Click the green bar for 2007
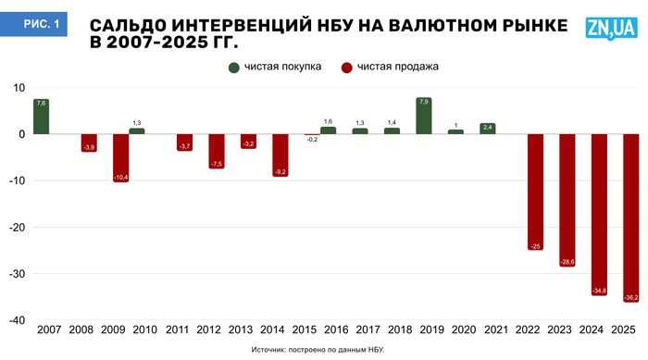pyautogui.click(x=41, y=117)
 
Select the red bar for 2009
pyautogui.click(x=121, y=157)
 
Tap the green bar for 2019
pyautogui.click(x=424, y=116)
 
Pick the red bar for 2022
pyautogui.click(x=536, y=192)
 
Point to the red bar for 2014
pyautogui.click(x=280, y=155)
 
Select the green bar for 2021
pyautogui.click(x=488, y=129)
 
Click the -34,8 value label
pyautogui.click(x=600, y=292)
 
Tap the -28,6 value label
pyautogui.click(x=567, y=263)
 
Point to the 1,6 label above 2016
pyautogui.click(x=328, y=121)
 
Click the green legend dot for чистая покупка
pyautogui.click(x=234, y=67)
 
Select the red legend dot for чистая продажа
pyautogui.click(x=347, y=67)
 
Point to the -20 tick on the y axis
pyautogui.click(x=17, y=228)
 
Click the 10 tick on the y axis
pyautogui.click(x=19, y=88)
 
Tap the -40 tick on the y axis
pyautogui.click(x=17, y=320)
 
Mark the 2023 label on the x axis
pyautogui.click(x=567, y=330)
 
